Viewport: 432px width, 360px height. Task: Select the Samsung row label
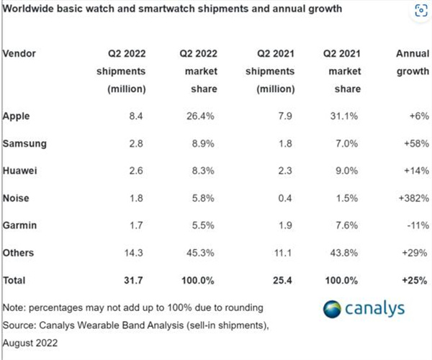(25, 143)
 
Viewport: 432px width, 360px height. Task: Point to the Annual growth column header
(412, 63)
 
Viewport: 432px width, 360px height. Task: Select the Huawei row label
(21, 171)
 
